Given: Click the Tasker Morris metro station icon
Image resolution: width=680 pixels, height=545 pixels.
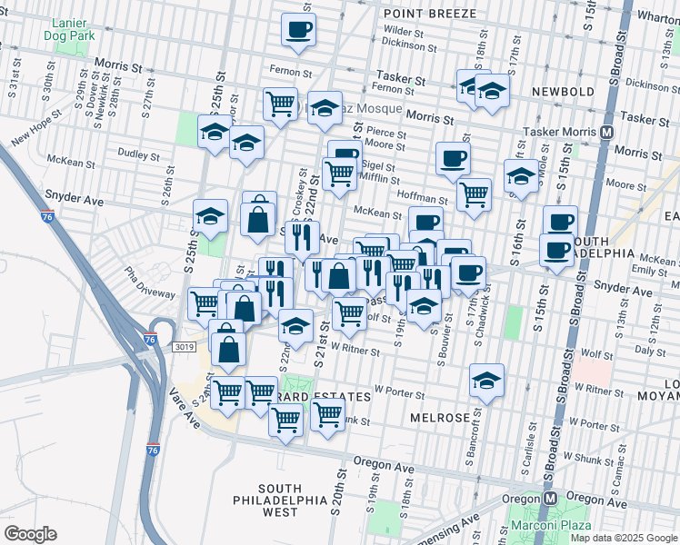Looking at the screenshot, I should click(x=606, y=132).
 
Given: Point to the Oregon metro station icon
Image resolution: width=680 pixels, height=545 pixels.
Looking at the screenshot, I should click(x=549, y=499).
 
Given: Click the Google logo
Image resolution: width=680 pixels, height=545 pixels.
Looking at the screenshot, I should click(x=30, y=534).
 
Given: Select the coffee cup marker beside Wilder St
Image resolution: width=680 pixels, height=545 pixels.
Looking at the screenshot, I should click(x=298, y=30).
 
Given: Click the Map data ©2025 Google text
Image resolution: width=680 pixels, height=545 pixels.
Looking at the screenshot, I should click(x=623, y=538).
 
